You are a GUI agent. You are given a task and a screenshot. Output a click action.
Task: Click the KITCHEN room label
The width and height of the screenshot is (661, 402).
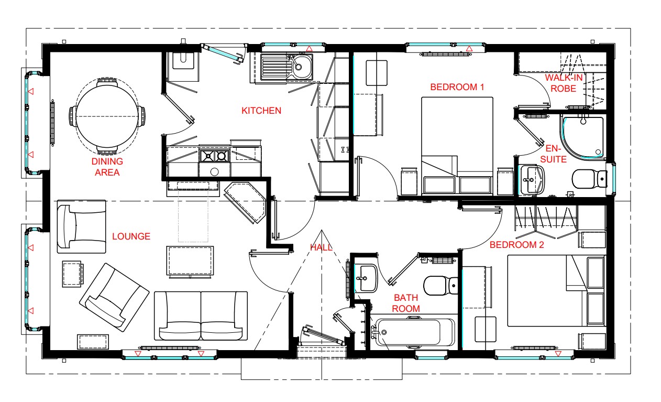(261, 111)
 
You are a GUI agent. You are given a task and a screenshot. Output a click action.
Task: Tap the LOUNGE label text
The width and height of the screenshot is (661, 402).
(131, 236)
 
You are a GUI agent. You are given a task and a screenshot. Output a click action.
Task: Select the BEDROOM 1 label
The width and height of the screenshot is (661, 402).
(457, 87)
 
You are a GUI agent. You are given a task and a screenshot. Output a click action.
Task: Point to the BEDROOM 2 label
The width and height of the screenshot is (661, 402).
(517, 245)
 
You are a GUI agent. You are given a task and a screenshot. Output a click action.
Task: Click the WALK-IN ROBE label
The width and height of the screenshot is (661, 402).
(564, 83)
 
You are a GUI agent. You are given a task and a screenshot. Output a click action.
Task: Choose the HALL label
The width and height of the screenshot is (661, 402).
(322, 247)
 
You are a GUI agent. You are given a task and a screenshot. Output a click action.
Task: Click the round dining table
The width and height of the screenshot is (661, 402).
(107, 116)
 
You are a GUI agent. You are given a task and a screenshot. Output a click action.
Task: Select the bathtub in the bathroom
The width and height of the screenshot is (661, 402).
(415, 332)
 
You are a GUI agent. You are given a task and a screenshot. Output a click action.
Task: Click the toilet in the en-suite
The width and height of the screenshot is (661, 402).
(589, 179)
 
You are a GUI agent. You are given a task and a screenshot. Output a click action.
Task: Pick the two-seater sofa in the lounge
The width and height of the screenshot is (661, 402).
(201, 316)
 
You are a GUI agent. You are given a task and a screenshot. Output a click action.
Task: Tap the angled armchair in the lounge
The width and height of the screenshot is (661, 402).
(115, 298)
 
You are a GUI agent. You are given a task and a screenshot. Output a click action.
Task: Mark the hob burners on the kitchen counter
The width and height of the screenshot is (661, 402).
(215, 156)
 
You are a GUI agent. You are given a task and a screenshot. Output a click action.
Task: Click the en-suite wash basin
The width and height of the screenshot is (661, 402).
(532, 179)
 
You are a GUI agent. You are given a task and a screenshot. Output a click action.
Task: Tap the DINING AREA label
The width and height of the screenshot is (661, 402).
(107, 167)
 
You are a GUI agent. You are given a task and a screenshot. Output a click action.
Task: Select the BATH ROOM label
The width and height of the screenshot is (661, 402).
(406, 303)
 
